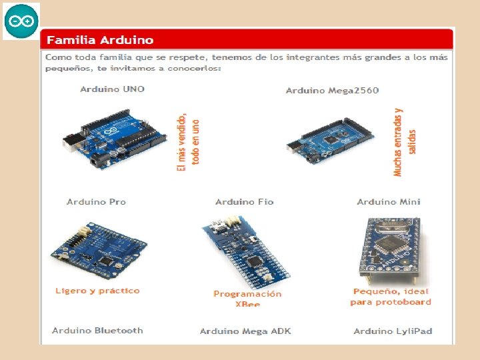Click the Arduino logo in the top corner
pyautogui.click(x=21, y=21)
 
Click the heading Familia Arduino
pyautogui.click(x=99, y=40)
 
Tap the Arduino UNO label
pyautogui.click(x=112, y=89)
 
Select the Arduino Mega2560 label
pyautogui.click(x=332, y=90)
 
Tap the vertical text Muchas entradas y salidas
pyautogui.click(x=405, y=142)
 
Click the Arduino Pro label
pyautogui.click(x=96, y=201)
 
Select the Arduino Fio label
pyautogui.click(x=244, y=201)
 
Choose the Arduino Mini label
pyautogui.click(x=388, y=201)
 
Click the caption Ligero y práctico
pyautogui.click(x=97, y=291)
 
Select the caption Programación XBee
pyautogui.click(x=247, y=299)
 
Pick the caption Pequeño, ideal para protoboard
pyautogui.click(x=391, y=296)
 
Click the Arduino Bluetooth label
pyautogui.click(x=97, y=330)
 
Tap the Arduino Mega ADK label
pyautogui.click(x=245, y=331)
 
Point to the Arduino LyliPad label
pyautogui.click(x=393, y=331)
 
